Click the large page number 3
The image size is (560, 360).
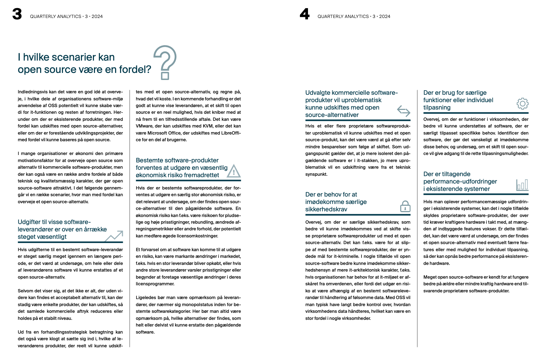[17, 14]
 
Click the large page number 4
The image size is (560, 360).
[304, 14]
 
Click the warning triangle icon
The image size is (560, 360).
[233, 172]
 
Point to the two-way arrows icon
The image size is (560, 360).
[403, 111]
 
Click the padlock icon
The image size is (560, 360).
[405, 206]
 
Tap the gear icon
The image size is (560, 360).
[522, 104]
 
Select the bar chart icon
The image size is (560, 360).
[522, 185]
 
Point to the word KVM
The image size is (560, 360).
[208, 126]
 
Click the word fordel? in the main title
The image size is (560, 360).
[135, 70]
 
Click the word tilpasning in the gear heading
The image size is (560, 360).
[437, 107]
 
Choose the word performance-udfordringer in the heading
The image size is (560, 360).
[460, 181]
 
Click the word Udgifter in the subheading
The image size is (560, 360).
[29, 222]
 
